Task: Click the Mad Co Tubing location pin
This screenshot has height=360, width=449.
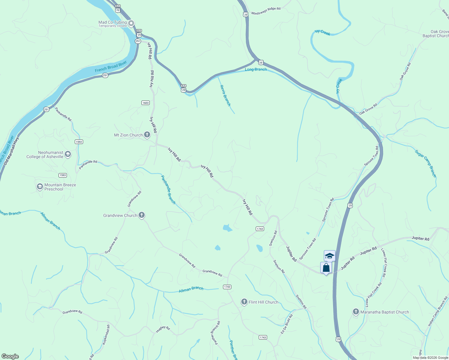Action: [x=131, y=23]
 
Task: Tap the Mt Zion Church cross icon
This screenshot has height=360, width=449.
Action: [x=147, y=135]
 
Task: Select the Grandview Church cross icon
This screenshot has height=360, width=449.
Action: [x=142, y=215]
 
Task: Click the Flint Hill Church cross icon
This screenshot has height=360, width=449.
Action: [x=244, y=302]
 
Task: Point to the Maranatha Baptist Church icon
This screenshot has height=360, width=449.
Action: [x=356, y=312]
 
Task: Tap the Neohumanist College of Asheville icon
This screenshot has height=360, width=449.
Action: [x=68, y=154]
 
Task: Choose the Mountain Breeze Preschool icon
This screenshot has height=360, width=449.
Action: [x=40, y=187]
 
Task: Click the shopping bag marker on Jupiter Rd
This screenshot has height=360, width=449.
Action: [x=326, y=268]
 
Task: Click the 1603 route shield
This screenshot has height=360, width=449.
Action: [x=146, y=103]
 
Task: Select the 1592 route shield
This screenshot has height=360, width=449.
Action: [x=79, y=142]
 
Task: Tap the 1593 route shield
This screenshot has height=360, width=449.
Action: [x=63, y=175]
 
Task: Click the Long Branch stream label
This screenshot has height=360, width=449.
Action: [x=256, y=69]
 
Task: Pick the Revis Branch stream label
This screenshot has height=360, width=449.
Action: [x=225, y=95]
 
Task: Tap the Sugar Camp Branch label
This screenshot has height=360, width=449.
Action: [x=426, y=163]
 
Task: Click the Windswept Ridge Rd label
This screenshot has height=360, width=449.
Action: [x=266, y=11]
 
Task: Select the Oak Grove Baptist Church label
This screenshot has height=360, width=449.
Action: [x=435, y=34]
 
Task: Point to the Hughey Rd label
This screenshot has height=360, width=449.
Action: [x=163, y=329]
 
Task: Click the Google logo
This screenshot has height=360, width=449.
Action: [x=10, y=356]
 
